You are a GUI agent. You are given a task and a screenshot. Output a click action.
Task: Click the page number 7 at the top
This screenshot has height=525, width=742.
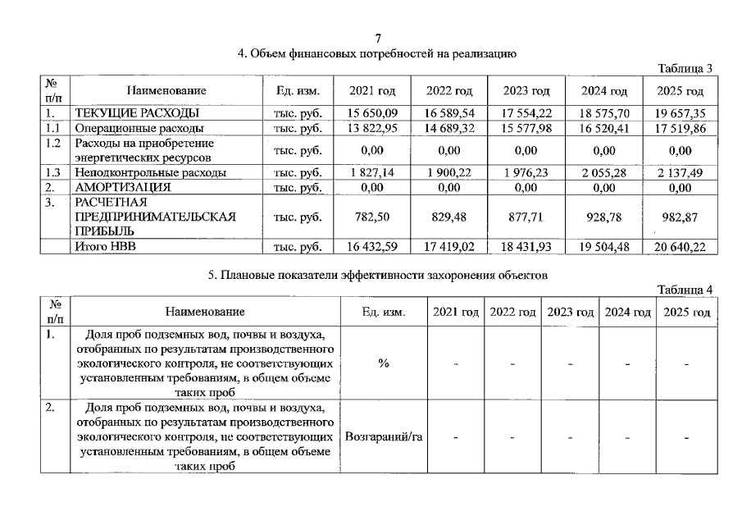coord(378,39)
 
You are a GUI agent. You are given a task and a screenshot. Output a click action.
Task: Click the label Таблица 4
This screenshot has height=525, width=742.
coord(686,290)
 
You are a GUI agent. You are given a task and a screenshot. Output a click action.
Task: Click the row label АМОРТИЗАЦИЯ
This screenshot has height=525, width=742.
coord(123,187)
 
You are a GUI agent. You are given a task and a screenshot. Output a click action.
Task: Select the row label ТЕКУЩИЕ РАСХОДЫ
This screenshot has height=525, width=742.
coord(137,113)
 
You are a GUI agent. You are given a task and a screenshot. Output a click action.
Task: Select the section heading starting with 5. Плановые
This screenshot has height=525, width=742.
coord(377,276)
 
